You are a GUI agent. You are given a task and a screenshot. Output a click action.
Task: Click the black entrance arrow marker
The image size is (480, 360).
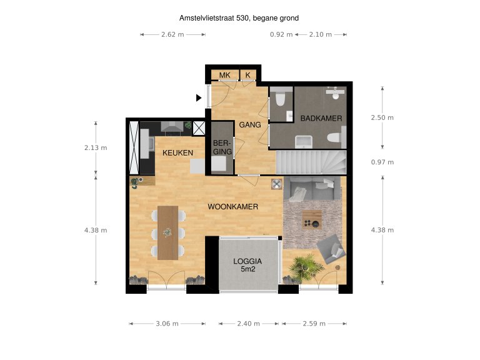click(199, 98)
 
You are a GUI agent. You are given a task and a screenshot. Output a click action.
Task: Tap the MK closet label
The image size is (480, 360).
click(225, 75)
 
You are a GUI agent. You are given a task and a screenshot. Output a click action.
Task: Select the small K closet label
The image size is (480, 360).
click(247, 75)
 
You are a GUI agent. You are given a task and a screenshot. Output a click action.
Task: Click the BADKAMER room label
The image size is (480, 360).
click(321, 119)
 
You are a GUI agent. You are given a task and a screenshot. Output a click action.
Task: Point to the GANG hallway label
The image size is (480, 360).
click(250, 125)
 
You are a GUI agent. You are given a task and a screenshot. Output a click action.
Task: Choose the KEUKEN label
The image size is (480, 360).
click(177, 153)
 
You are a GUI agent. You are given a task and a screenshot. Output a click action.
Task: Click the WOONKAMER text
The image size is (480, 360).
click(232, 207)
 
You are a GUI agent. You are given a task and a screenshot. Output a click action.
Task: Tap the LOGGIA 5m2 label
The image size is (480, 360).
click(247, 266)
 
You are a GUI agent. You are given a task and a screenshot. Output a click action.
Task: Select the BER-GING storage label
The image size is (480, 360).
click(222, 147)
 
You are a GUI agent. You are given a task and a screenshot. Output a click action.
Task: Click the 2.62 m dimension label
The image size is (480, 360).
click(172, 34)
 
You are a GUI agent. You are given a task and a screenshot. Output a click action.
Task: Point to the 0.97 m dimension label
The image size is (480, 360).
click(382, 162)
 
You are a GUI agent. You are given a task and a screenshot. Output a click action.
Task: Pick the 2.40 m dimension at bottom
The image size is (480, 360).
click(248, 324)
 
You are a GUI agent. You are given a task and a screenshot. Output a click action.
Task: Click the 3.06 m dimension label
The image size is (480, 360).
click(167, 324)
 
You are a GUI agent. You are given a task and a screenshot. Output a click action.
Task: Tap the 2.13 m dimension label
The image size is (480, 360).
click(96, 148)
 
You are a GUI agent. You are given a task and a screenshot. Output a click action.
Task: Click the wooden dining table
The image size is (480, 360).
click(167, 232)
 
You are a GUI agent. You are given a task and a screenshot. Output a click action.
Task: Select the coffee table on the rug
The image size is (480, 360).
click(312, 220)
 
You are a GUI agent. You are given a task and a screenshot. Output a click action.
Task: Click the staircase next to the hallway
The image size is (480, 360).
click(311, 162)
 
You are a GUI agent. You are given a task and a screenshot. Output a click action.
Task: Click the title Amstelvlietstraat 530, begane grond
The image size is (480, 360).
click(239, 18)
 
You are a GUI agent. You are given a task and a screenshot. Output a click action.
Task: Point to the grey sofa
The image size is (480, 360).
click(312, 189)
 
